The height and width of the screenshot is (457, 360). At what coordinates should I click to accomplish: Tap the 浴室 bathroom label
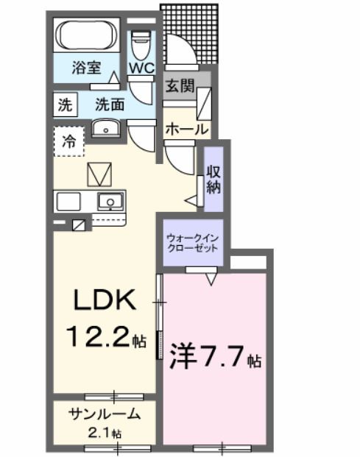coord(87,68)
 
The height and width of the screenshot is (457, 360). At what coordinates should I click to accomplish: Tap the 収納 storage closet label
coord(213,180)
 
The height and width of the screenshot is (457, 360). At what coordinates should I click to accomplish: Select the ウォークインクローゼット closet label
coord(191,243)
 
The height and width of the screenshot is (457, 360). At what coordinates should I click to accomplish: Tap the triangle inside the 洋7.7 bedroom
coord(212,279)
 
